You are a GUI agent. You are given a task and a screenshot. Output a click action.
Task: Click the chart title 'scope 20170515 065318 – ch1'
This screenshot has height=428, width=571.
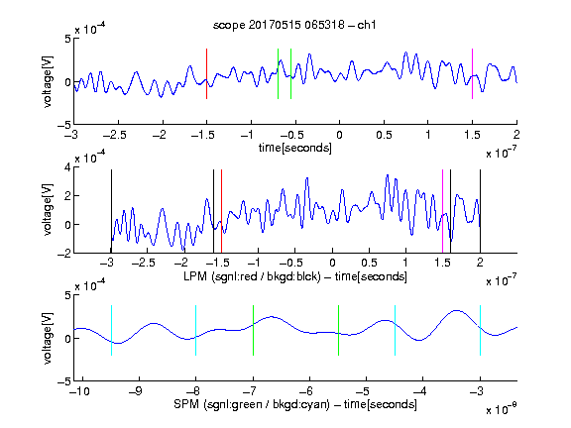[294, 25]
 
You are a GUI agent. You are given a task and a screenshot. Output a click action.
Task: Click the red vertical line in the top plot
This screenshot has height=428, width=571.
[206, 73]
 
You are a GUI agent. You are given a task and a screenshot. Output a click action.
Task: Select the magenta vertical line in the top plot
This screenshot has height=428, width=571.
[472, 73]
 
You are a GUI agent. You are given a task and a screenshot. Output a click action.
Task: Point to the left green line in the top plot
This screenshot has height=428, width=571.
[278, 73]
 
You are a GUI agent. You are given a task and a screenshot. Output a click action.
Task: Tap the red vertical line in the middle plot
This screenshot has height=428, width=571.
[221, 211]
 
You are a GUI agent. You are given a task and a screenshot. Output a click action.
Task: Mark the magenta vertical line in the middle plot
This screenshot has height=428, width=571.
[442, 211]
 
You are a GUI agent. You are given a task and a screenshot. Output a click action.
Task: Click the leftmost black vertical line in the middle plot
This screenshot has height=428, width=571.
[111, 211]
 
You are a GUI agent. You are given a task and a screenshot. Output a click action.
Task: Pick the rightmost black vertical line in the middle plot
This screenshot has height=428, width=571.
[480, 211]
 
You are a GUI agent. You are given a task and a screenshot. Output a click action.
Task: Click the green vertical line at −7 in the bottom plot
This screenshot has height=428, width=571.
[253, 330]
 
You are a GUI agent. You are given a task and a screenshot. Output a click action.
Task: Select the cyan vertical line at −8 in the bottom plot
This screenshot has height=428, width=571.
[195, 330]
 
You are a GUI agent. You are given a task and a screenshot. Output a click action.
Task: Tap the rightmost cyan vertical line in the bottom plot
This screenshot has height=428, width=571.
[480, 330]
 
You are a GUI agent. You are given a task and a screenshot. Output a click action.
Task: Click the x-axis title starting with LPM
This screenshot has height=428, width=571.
[295, 276]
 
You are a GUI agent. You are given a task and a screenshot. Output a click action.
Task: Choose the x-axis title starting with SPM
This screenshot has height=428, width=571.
[295, 404]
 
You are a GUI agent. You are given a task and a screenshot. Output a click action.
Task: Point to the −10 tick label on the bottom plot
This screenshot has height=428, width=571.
[79, 391]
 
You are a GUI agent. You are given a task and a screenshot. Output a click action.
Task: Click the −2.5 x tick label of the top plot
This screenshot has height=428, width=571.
[115, 135]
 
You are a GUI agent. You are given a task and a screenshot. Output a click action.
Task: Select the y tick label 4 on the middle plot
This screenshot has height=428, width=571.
[67, 167]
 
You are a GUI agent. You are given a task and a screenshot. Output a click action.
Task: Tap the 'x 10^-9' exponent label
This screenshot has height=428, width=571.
[501, 409]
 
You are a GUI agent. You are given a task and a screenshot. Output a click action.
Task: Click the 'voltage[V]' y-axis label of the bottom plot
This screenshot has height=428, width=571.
[48, 338]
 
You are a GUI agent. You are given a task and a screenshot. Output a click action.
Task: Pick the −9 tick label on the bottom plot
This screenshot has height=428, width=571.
[136, 391]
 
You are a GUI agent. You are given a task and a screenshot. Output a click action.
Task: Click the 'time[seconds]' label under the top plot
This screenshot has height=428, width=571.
[295, 148]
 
